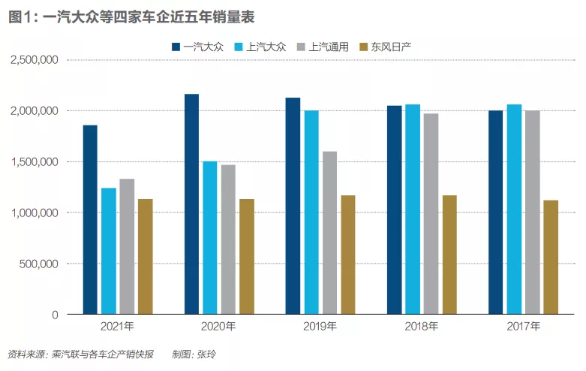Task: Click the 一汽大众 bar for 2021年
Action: pyautogui.click(x=90, y=219)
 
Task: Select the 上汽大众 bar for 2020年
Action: pyautogui.click(x=210, y=237)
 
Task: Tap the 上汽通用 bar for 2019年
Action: pyautogui.click(x=329, y=233)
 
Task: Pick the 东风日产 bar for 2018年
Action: pyautogui.click(x=449, y=255)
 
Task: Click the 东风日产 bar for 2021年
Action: pyautogui.click(x=145, y=257)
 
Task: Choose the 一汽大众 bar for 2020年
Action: pyautogui.click(x=191, y=204)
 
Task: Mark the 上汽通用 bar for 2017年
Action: pyautogui.click(x=532, y=213)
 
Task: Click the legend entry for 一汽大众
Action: pyautogui.click(x=197, y=47)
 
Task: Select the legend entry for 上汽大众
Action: pyautogui.click(x=260, y=47)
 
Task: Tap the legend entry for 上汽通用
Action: pyautogui.click(x=323, y=47)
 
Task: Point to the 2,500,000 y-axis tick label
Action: pyautogui.click(x=35, y=59)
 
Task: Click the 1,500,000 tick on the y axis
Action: pyautogui.click(x=35, y=161)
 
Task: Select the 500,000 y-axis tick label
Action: pyautogui.click(x=41, y=264)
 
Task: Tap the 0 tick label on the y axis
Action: pyautogui.click(x=56, y=315)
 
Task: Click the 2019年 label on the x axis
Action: pyautogui.click(x=320, y=327)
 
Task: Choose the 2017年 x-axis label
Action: pyautogui.click(x=523, y=327)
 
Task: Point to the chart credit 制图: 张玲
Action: pyautogui.click(x=195, y=354)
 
